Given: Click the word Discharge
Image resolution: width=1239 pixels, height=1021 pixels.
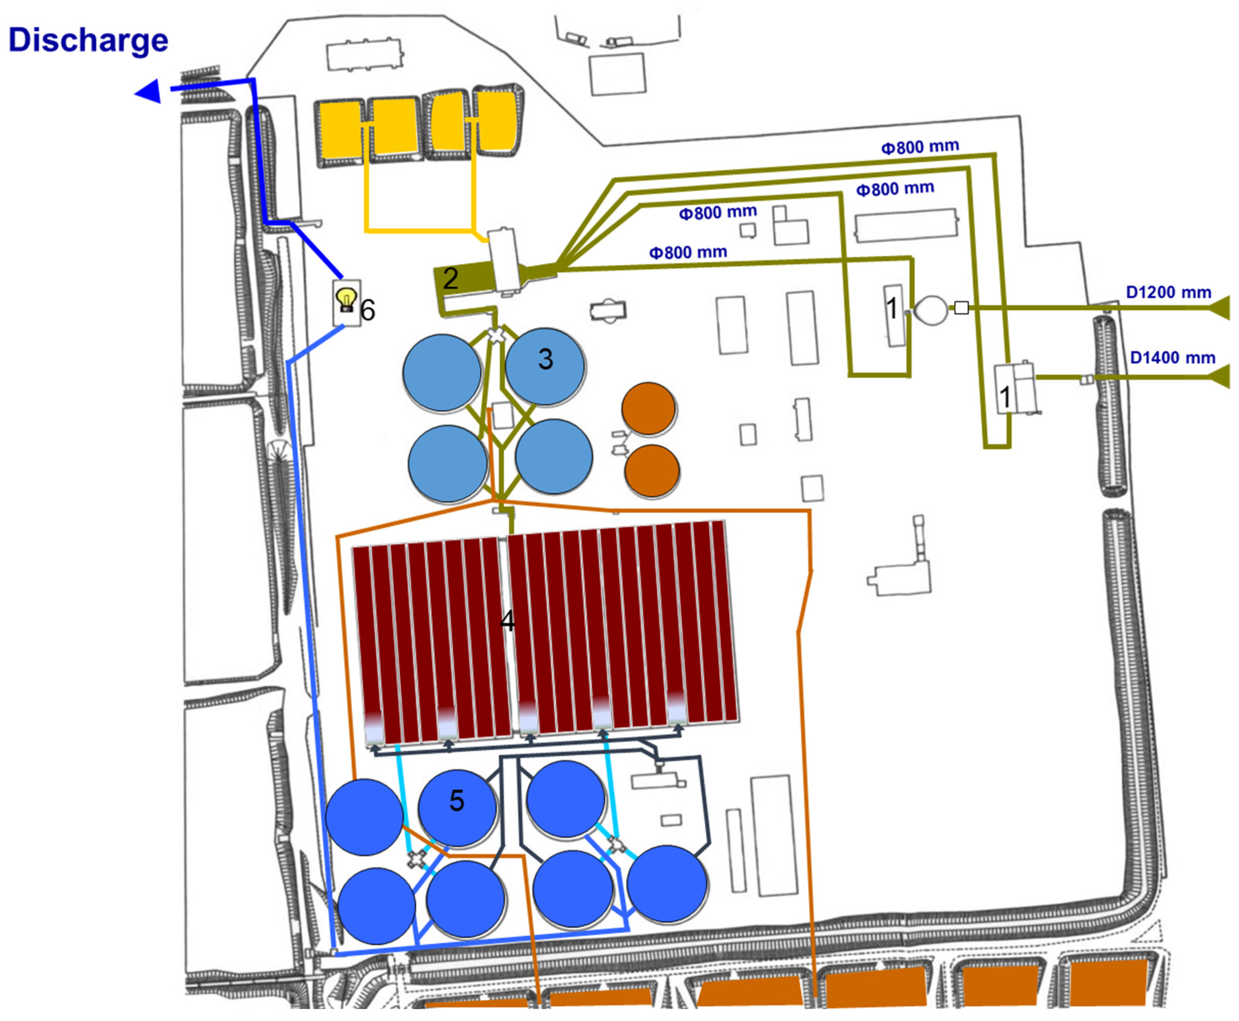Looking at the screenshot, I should point(88,40).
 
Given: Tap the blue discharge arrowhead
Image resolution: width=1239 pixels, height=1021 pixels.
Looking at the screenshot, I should point(149,91).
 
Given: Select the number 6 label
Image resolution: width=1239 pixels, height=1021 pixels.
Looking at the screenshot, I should point(368,310).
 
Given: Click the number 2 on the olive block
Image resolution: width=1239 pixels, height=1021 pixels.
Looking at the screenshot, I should point(450,278).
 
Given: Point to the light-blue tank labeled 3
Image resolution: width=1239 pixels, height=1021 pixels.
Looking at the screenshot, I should point(545,366).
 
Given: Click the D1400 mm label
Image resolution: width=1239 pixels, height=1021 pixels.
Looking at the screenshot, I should point(1173,358).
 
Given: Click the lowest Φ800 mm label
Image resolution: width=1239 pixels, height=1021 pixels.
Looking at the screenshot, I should point(688,252).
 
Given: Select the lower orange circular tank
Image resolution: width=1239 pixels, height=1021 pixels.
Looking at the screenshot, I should point(652,470).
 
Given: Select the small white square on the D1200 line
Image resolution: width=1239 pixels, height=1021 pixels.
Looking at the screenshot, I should point(961,308).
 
